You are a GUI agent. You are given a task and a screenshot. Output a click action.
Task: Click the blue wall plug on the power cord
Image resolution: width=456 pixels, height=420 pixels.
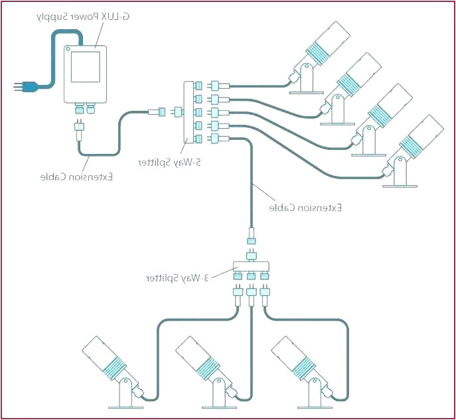(x=27, y=86)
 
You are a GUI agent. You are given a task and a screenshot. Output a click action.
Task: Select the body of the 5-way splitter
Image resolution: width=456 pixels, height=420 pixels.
(x=188, y=112)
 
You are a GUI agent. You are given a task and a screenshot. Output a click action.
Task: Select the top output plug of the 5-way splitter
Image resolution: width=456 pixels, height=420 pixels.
(x=218, y=86)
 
